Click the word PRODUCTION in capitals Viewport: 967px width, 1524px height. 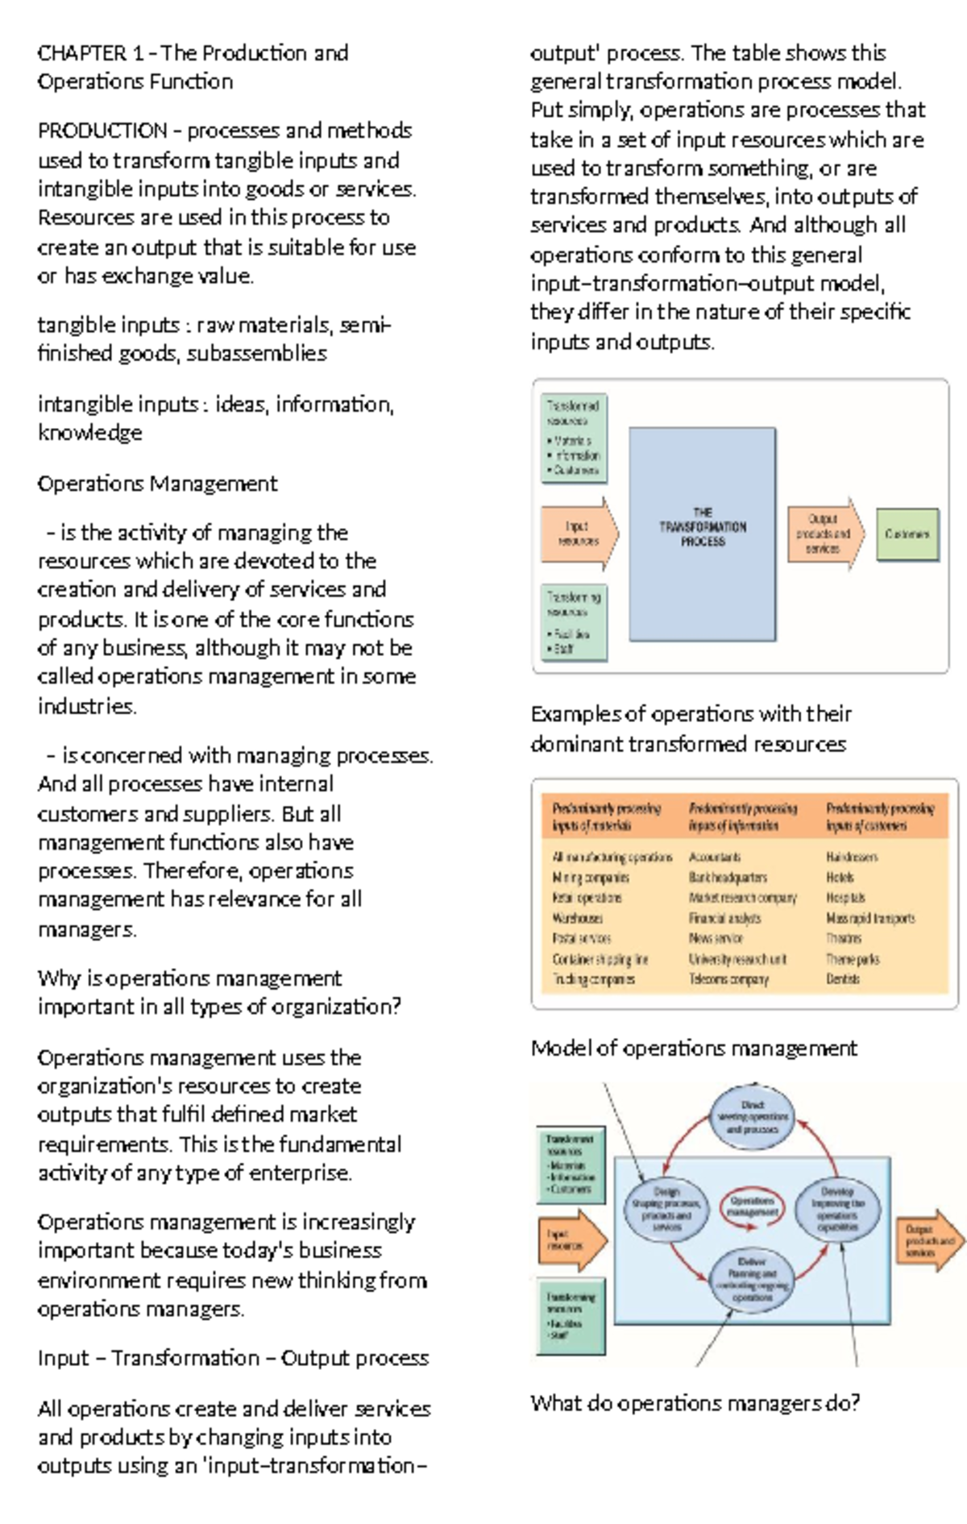tap(102, 131)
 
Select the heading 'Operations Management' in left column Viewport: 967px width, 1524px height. tap(157, 484)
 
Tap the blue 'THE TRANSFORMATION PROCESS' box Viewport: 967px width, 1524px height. tap(702, 534)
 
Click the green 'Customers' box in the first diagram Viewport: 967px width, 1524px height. tap(907, 534)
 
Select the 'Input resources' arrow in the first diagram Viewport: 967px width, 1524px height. tap(577, 534)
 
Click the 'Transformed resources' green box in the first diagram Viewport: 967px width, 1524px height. tap(574, 438)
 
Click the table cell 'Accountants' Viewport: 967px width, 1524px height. tap(715, 858)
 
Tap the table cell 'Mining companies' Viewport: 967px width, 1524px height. tap(591, 878)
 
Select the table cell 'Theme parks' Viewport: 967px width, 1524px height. tap(853, 959)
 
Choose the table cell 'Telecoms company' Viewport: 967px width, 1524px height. tap(728, 979)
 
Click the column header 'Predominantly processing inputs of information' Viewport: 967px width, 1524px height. tap(743, 816)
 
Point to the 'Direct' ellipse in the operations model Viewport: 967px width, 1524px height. tap(753, 1117)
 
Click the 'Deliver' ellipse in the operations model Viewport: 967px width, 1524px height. tap(752, 1280)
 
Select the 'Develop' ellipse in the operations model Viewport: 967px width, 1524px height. tap(837, 1209)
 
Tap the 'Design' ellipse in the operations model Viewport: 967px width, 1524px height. tap(666, 1209)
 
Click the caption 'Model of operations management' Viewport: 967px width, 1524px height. tap(694, 1049)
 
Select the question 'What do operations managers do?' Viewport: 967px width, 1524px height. tap(695, 1403)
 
